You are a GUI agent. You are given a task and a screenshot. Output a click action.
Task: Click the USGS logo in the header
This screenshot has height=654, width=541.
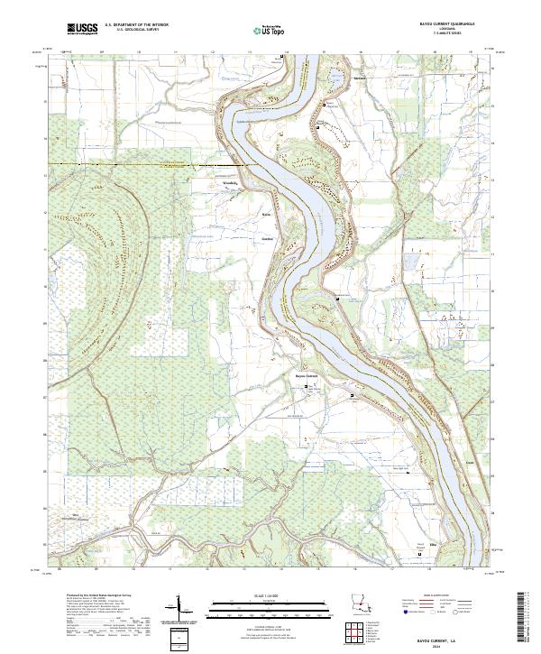pos(82,29)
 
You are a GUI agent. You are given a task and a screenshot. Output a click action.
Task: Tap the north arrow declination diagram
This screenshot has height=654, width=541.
pos(182,609)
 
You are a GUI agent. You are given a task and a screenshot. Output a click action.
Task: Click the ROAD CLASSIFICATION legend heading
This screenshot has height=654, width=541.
pos(439,595)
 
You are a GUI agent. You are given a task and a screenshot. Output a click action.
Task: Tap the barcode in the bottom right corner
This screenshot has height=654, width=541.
pos(524,618)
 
